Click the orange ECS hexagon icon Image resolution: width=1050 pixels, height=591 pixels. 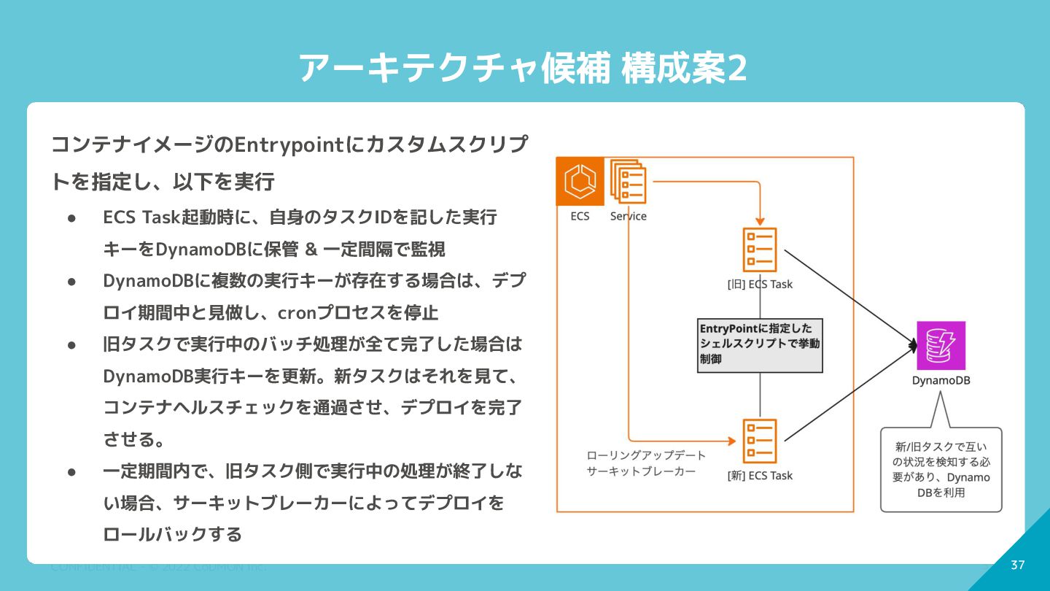coord(580,182)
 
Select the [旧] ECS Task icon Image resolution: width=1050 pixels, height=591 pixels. coord(759,250)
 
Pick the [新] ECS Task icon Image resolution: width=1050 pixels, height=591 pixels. coord(759,441)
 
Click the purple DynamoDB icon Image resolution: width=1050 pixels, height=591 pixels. coord(941,346)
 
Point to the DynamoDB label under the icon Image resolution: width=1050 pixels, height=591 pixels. coord(941,381)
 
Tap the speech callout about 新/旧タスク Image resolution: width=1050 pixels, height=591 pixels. coord(941,469)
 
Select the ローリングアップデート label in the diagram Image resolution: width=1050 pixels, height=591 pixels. coord(646,455)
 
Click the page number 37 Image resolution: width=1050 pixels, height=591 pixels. coord(1018,565)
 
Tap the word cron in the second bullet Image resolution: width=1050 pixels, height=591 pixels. coord(293,313)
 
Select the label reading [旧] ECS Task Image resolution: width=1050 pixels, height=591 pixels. coord(760,284)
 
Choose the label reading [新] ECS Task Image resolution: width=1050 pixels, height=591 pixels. coord(760,476)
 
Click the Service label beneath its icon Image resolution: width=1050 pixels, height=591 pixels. coord(628,216)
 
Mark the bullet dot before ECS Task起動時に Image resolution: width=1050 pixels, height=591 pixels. coord(72,217)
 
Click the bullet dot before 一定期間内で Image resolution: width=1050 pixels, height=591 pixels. coord(72,471)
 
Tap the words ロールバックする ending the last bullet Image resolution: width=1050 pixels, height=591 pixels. coord(173,535)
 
